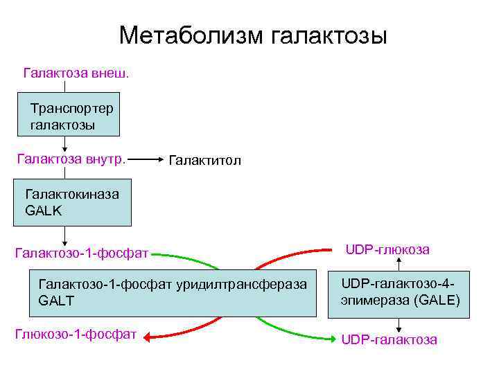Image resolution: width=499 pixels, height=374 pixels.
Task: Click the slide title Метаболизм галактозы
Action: (x=253, y=35)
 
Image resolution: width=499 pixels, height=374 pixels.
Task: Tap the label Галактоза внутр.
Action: (x=71, y=159)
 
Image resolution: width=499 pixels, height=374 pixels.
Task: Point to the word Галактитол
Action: (x=204, y=161)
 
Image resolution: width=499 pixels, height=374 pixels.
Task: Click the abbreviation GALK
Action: (x=43, y=211)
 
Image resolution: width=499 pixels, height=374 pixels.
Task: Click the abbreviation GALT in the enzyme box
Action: (x=56, y=301)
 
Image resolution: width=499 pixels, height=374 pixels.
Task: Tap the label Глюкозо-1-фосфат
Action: (x=76, y=335)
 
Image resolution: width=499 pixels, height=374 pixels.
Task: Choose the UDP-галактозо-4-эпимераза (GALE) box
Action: (x=400, y=292)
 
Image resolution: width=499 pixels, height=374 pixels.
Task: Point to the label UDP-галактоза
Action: (x=389, y=339)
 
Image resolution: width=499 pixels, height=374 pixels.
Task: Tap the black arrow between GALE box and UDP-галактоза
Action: (x=399, y=326)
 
